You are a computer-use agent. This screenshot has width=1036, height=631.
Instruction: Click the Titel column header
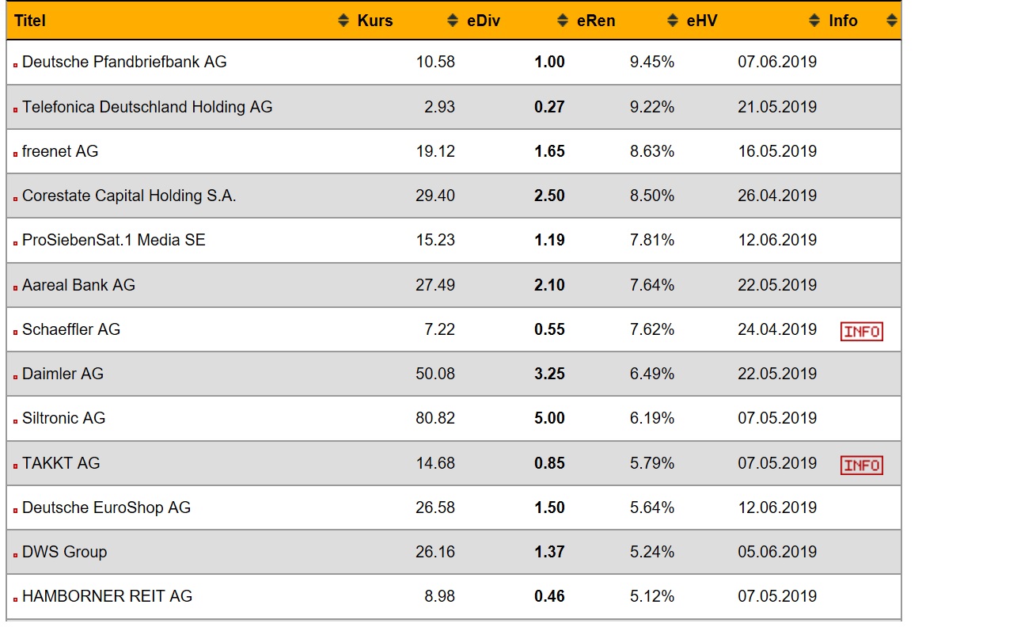[30, 21]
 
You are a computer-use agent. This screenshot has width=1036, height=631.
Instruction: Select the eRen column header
[596, 21]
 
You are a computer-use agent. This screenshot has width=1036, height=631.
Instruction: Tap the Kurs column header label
[375, 21]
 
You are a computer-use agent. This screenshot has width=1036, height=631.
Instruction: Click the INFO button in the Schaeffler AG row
[861, 332]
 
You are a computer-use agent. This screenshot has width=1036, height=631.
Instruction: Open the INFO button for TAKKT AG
[861, 465]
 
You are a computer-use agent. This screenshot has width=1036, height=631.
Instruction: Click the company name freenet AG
[60, 151]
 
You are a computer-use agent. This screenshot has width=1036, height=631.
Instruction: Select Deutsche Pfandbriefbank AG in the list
[124, 62]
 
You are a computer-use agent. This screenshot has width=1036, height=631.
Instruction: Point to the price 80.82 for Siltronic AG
[435, 418]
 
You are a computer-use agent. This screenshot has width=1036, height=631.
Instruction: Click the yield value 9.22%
[652, 107]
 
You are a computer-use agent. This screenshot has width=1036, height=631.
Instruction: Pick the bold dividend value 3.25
[549, 374]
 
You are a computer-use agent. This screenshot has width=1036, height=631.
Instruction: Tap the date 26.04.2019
[777, 196]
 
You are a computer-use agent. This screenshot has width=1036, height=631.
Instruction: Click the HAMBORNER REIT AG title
[107, 596]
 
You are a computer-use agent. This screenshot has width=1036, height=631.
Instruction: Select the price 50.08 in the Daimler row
[435, 374]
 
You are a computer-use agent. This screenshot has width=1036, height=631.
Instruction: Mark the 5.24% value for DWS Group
[652, 552]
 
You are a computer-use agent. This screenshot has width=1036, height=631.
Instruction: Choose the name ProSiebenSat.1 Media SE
[114, 240]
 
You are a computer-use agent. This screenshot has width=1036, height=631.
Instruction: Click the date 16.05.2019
[777, 151]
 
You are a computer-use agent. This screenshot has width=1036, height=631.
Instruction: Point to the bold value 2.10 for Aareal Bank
[549, 285]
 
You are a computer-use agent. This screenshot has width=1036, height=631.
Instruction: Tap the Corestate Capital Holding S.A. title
[129, 196]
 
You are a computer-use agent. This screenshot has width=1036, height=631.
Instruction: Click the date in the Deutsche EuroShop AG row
[777, 507]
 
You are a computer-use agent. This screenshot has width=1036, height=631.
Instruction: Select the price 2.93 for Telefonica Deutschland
[439, 107]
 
